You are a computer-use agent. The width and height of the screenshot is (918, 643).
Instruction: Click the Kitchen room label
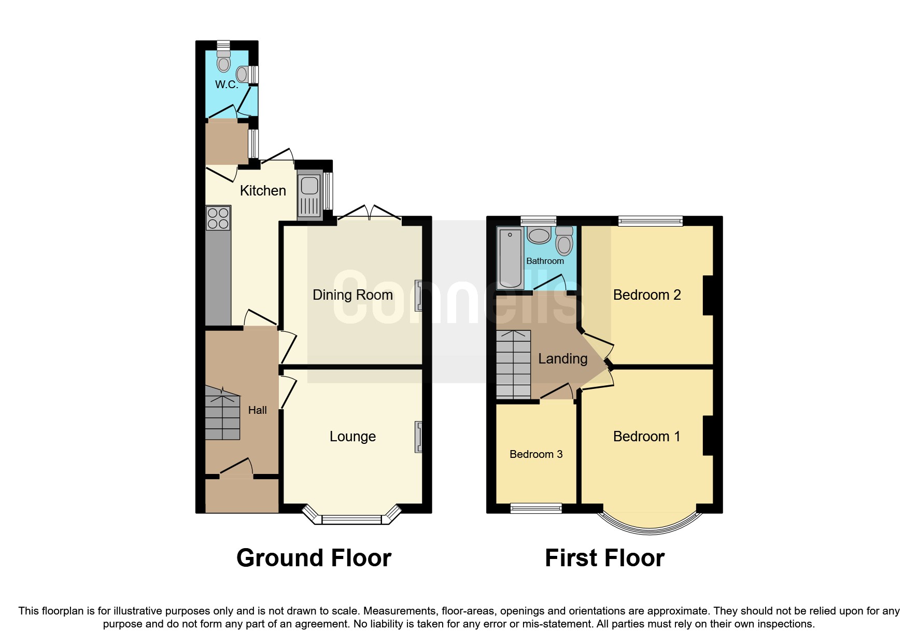263,191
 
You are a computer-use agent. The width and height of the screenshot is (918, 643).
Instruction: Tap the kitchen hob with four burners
218,218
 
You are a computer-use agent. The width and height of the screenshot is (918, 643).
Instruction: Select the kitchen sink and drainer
309,196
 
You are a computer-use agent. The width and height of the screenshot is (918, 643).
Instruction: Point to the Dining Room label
352,295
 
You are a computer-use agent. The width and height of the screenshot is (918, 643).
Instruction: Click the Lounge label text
352,437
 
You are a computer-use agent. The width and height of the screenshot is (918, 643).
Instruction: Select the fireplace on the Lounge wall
418,437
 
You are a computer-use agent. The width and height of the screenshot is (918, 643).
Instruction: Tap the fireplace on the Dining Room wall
418,296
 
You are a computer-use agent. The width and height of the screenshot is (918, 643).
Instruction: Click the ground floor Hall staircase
223,414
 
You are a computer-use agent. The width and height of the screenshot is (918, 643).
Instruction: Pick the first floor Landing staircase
514,364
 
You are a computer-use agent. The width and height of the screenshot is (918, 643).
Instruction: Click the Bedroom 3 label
536,454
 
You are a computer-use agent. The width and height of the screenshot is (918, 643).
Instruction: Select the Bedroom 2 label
646,295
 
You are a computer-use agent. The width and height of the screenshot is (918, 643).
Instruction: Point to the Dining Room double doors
370,213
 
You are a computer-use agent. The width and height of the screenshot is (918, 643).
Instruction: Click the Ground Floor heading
314,558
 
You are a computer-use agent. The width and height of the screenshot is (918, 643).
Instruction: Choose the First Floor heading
604,558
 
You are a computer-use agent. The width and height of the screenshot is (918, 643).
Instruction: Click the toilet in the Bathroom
564,241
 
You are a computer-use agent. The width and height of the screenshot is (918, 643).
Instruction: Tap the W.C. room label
227,85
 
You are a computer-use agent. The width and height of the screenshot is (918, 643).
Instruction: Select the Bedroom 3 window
536,508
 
